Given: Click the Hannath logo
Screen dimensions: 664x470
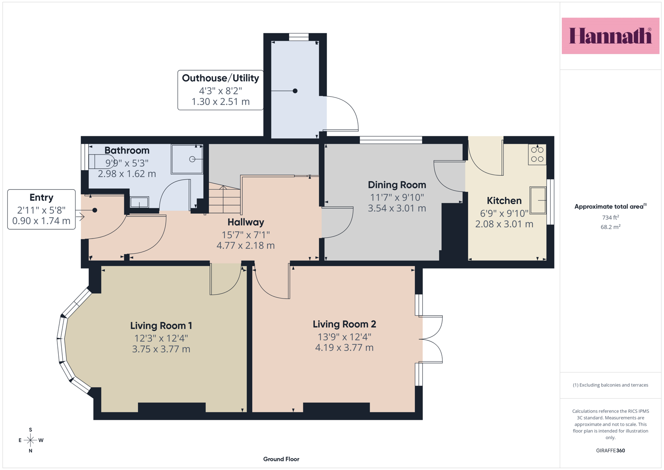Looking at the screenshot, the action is [611, 36].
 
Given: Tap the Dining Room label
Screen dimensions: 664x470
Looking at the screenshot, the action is [397, 185].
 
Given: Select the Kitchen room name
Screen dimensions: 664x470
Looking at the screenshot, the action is [504, 201].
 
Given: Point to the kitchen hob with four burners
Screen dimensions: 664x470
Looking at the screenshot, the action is [537, 154].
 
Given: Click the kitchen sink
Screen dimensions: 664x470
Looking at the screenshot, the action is [538, 200].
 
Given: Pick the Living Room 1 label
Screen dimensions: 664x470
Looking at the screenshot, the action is [161, 326].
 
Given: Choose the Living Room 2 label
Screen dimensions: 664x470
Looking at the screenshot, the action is [344, 324].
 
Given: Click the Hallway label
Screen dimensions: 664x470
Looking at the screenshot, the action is [246, 222].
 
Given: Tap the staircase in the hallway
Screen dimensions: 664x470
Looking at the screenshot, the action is [224, 198].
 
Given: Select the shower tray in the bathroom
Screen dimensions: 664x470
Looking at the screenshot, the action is [187, 159].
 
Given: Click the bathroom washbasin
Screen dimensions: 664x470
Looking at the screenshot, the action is [139, 202].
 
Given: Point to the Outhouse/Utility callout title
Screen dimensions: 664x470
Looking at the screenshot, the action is [220, 78].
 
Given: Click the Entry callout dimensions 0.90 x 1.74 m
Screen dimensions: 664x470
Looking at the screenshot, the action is [41, 221].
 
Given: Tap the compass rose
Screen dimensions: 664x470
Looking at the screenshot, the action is [30, 440].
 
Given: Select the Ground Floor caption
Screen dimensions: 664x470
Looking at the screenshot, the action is [281, 459].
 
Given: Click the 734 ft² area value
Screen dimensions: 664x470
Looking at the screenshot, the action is [611, 217].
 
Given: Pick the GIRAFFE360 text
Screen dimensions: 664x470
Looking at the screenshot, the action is [611, 450].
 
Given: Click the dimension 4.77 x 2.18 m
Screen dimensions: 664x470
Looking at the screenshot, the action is [246, 245].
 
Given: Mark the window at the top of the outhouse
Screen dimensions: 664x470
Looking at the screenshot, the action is [299, 37].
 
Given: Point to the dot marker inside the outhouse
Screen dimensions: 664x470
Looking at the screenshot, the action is [295, 91].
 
